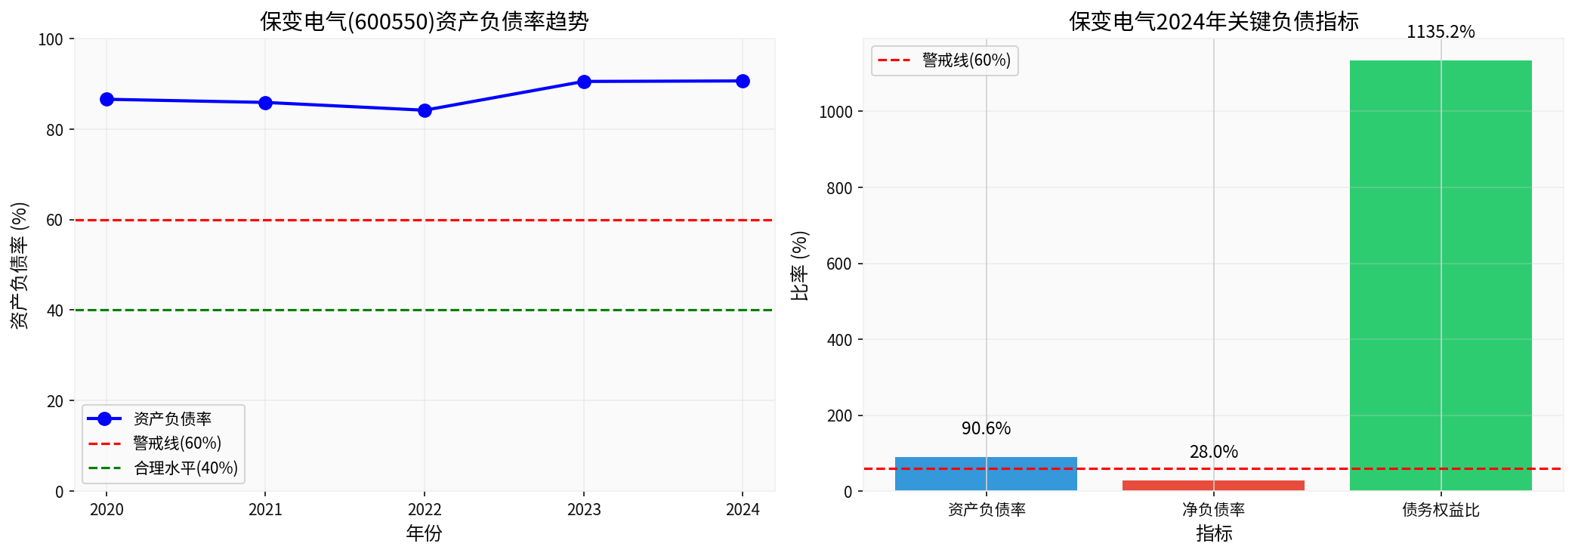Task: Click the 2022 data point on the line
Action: click(425, 110)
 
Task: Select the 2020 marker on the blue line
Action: click(107, 100)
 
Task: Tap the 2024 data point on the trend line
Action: click(743, 82)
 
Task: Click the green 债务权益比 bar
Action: click(1441, 276)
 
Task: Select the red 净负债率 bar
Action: click(1213, 485)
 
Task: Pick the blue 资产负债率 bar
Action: click(986, 474)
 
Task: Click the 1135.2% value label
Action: click(1441, 32)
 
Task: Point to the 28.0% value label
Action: click(1213, 452)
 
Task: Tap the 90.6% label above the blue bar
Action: click(986, 428)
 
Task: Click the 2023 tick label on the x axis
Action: click(584, 510)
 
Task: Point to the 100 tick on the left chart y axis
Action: click(51, 39)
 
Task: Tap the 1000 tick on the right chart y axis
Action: click(835, 112)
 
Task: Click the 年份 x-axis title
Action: click(424, 533)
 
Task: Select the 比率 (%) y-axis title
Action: click(799, 266)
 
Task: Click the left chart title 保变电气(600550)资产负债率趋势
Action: click(424, 21)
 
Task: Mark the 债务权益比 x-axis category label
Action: click(1441, 510)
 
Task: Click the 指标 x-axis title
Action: click(1214, 533)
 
